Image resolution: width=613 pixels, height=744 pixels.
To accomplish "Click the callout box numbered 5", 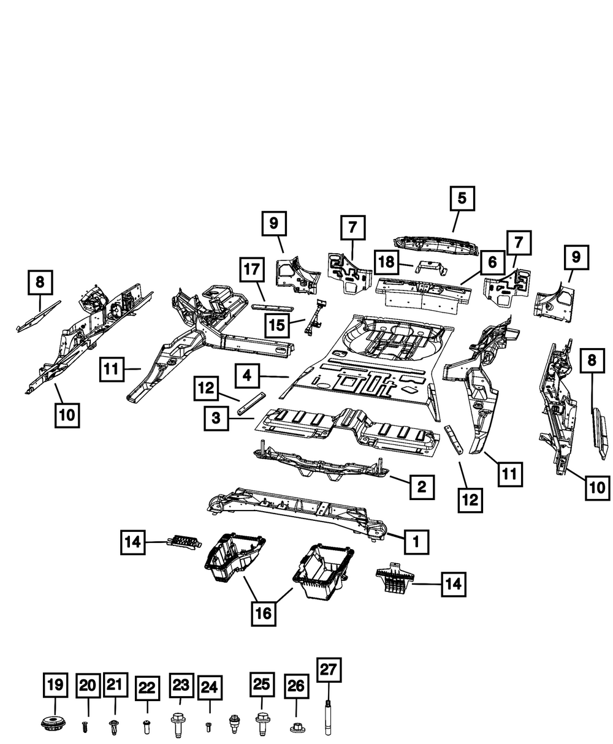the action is [462, 198].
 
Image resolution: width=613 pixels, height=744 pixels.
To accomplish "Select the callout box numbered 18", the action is [386, 262].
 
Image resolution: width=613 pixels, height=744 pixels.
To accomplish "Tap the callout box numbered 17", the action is [252, 270].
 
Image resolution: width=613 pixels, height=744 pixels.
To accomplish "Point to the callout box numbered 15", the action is [277, 325].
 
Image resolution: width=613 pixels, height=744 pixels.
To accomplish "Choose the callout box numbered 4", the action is [247, 376].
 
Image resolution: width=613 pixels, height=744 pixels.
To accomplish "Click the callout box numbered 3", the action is [216, 419].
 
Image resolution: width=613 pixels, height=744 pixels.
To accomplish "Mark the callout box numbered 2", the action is [422, 487].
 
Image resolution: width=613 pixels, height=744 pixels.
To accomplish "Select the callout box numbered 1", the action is [416, 542].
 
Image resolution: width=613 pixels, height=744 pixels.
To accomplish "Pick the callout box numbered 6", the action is [492, 263].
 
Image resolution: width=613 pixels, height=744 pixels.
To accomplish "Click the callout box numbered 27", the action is [328, 670].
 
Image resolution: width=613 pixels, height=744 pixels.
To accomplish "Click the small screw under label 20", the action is [85, 726].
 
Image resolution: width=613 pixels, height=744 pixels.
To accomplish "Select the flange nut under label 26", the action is [296, 727].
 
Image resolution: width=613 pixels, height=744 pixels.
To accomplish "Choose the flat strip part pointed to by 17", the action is [272, 308].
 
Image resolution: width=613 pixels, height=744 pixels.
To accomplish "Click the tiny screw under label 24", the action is [209, 726].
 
